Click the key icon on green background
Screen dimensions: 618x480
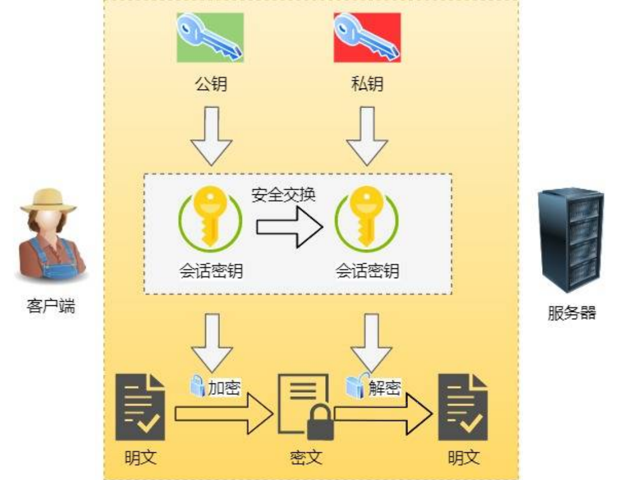click(209, 37)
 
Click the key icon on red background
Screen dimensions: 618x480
click(367, 37)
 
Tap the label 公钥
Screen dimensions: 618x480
click(210, 84)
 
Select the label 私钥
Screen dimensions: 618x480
click(367, 84)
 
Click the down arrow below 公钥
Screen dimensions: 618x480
click(211, 135)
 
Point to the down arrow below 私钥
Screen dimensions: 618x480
click(367, 135)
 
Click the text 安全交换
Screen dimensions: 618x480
click(283, 195)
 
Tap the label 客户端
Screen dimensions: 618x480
click(50, 306)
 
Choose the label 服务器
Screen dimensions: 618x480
click(572, 313)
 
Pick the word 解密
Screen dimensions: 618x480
click(384, 387)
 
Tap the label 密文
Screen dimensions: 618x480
click(305, 458)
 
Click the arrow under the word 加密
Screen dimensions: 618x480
click(223, 413)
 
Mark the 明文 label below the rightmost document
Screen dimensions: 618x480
click(463, 458)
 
